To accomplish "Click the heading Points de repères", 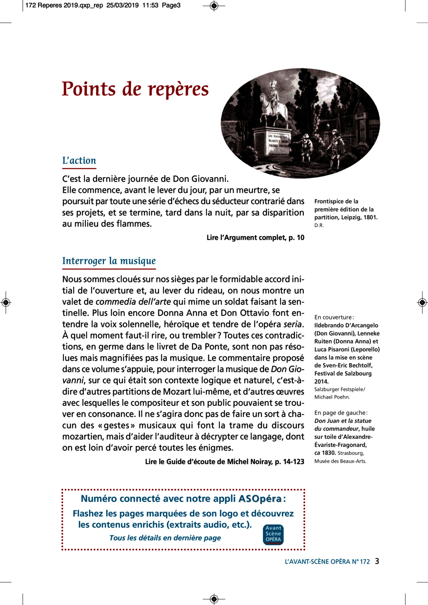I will [x=135, y=89].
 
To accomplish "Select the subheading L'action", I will [x=79, y=161].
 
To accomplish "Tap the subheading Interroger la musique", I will [x=109, y=261].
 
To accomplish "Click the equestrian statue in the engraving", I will [x=273, y=104].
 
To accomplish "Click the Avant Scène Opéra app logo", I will [x=273, y=534].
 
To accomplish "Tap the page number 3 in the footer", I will [x=377, y=561].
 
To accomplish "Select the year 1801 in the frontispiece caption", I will [x=369, y=218].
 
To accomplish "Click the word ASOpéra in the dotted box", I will [x=260, y=499].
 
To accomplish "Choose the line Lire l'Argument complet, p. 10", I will [x=255, y=238].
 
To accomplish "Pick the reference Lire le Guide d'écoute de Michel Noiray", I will [x=224, y=462].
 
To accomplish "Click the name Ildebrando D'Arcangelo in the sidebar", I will [x=346, y=325].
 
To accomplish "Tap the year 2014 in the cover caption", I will [x=321, y=382].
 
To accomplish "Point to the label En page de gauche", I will [x=341, y=413].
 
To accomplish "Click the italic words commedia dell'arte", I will [x=133, y=302].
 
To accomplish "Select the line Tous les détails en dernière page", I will [x=165, y=538].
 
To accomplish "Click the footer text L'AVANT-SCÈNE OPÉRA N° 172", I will [x=327, y=562].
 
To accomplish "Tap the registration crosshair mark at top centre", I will [x=214, y=6].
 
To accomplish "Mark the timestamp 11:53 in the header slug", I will [x=150, y=5].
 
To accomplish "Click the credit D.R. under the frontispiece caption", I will [x=319, y=225].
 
